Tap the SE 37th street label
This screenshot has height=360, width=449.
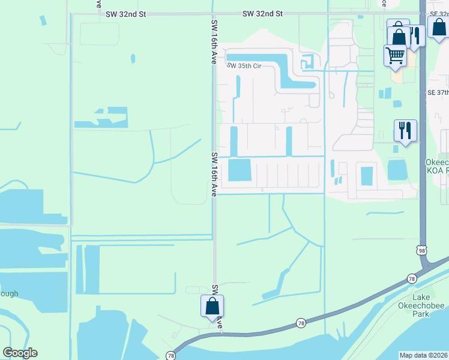438,92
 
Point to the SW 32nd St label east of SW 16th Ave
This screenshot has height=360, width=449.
263,13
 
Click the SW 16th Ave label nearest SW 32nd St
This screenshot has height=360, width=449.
214,42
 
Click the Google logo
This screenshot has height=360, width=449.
20,353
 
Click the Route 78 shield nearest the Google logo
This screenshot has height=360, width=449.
170,356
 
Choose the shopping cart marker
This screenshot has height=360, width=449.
395,55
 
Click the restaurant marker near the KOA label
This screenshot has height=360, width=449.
405,130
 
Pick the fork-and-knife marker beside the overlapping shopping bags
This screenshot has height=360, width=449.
415,35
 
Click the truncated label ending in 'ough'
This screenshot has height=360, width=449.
9,293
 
